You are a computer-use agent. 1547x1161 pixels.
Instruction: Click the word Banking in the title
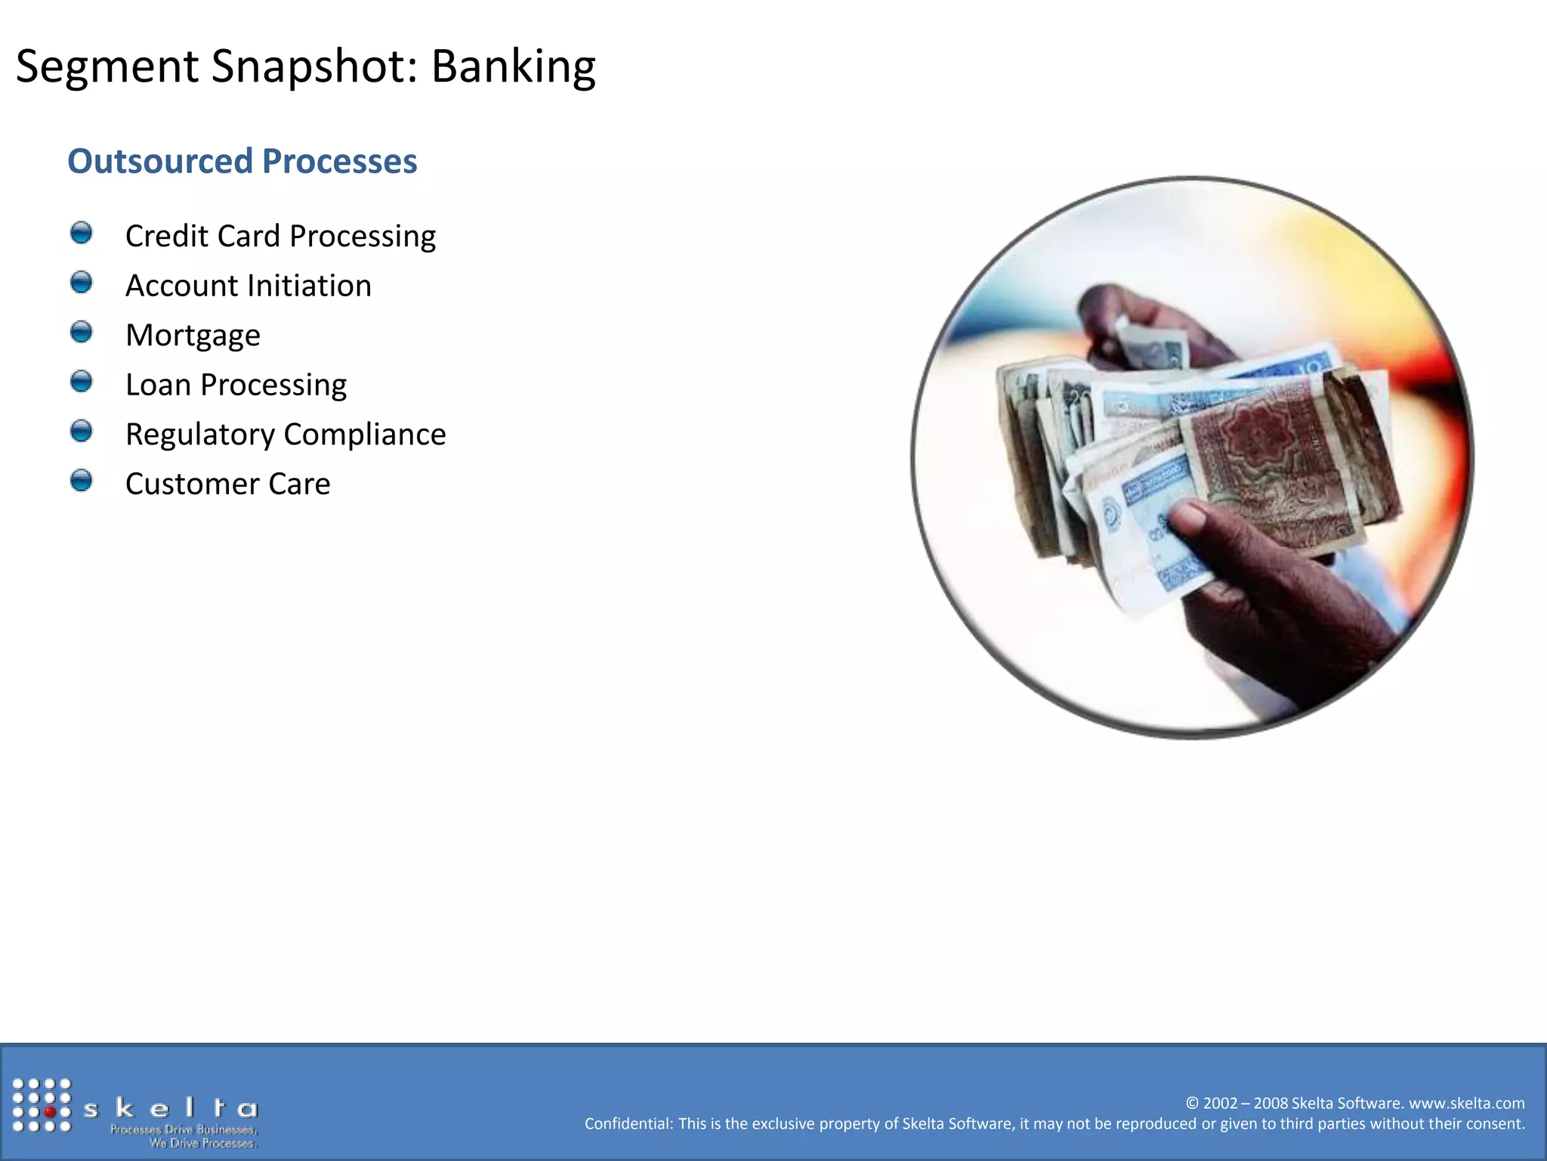pyautogui.click(x=513, y=67)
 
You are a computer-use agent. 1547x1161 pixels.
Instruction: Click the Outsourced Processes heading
pyautogui.click(x=242, y=161)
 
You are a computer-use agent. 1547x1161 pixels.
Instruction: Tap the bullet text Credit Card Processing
pyautogui.click(x=280, y=236)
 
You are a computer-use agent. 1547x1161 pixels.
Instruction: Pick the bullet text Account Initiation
pyautogui.click(x=248, y=286)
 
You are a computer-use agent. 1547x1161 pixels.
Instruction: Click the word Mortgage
pyautogui.click(x=193, y=336)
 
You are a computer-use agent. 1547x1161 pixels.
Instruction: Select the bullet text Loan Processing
pyautogui.click(x=236, y=385)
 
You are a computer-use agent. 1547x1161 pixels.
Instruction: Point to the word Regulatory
pyautogui.click(x=199, y=435)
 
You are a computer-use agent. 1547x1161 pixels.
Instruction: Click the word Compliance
pyautogui.click(x=364, y=435)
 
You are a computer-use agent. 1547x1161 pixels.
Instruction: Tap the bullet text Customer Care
pyautogui.click(x=227, y=484)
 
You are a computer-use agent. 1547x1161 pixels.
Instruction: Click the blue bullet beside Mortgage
pyautogui.click(x=81, y=332)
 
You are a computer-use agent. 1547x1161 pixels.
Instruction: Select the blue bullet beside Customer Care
pyautogui.click(x=81, y=481)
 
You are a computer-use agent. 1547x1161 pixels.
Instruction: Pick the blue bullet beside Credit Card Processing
pyautogui.click(x=81, y=233)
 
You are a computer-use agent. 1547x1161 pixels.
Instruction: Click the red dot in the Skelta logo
pyautogui.click(x=50, y=1112)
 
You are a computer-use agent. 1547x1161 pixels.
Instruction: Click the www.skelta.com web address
pyautogui.click(x=1466, y=1103)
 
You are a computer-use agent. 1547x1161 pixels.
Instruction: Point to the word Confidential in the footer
pyautogui.click(x=628, y=1124)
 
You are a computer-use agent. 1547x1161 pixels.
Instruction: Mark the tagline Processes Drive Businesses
pyautogui.click(x=184, y=1129)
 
